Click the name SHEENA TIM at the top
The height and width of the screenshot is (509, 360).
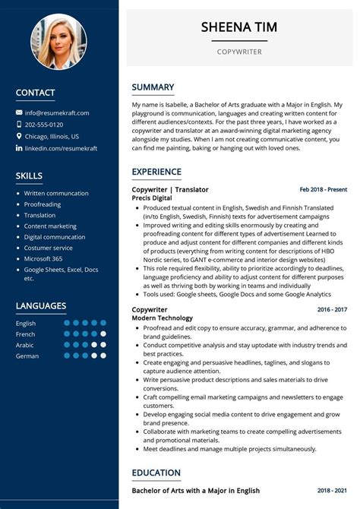pyautogui.click(x=238, y=27)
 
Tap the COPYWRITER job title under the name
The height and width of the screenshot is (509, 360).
pyautogui.click(x=238, y=52)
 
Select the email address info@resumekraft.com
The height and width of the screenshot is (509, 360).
pyautogui.click(x=57, y=112)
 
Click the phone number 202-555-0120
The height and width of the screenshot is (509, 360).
pyautogui.click(x=44, y=125)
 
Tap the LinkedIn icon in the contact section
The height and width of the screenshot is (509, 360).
pyautogui.click(x=19, y=149)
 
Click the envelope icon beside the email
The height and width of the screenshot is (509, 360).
pyautogui.click(x=19, y=112)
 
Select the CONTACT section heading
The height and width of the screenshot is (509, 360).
pyautogui.click(x=35, y=93)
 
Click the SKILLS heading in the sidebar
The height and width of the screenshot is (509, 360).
pyautogui.click(x=29, y=176)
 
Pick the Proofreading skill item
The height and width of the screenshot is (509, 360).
pyautogui.click(x=43, y=204)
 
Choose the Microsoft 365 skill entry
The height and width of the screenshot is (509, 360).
pyautogui.click(x=44, y=258)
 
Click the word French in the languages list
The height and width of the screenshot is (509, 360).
pyautogui.click(x=26, y=334)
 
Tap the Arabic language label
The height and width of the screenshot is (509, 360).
pyautogui.click(x=26, y=344)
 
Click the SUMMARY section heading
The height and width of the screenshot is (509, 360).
pyautogui.click(x=153, y=87)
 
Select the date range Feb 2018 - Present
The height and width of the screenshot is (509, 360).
pyautogui.click(x=323, y=189)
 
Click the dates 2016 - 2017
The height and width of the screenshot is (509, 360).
pyautogui.click(x=332, y=310)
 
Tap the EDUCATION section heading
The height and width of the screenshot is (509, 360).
pyautogui.click(x=156, y=473)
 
